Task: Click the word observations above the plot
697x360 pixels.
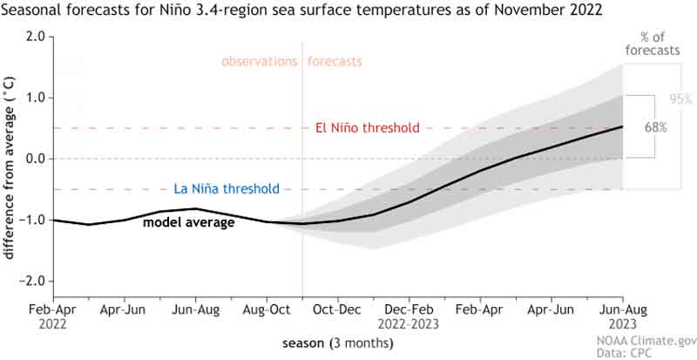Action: pyautogui.click(x=259, y=62)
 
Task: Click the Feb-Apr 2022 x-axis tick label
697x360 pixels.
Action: pyautogui.click(x=54, y=316)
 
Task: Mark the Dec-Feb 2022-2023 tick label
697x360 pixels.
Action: pyautogui.click(x=409, y=316)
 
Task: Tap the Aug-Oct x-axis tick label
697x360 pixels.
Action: pyautogui.click(x=267, y=309)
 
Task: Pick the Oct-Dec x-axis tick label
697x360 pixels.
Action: pyautogui.click(x=338, y=309)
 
